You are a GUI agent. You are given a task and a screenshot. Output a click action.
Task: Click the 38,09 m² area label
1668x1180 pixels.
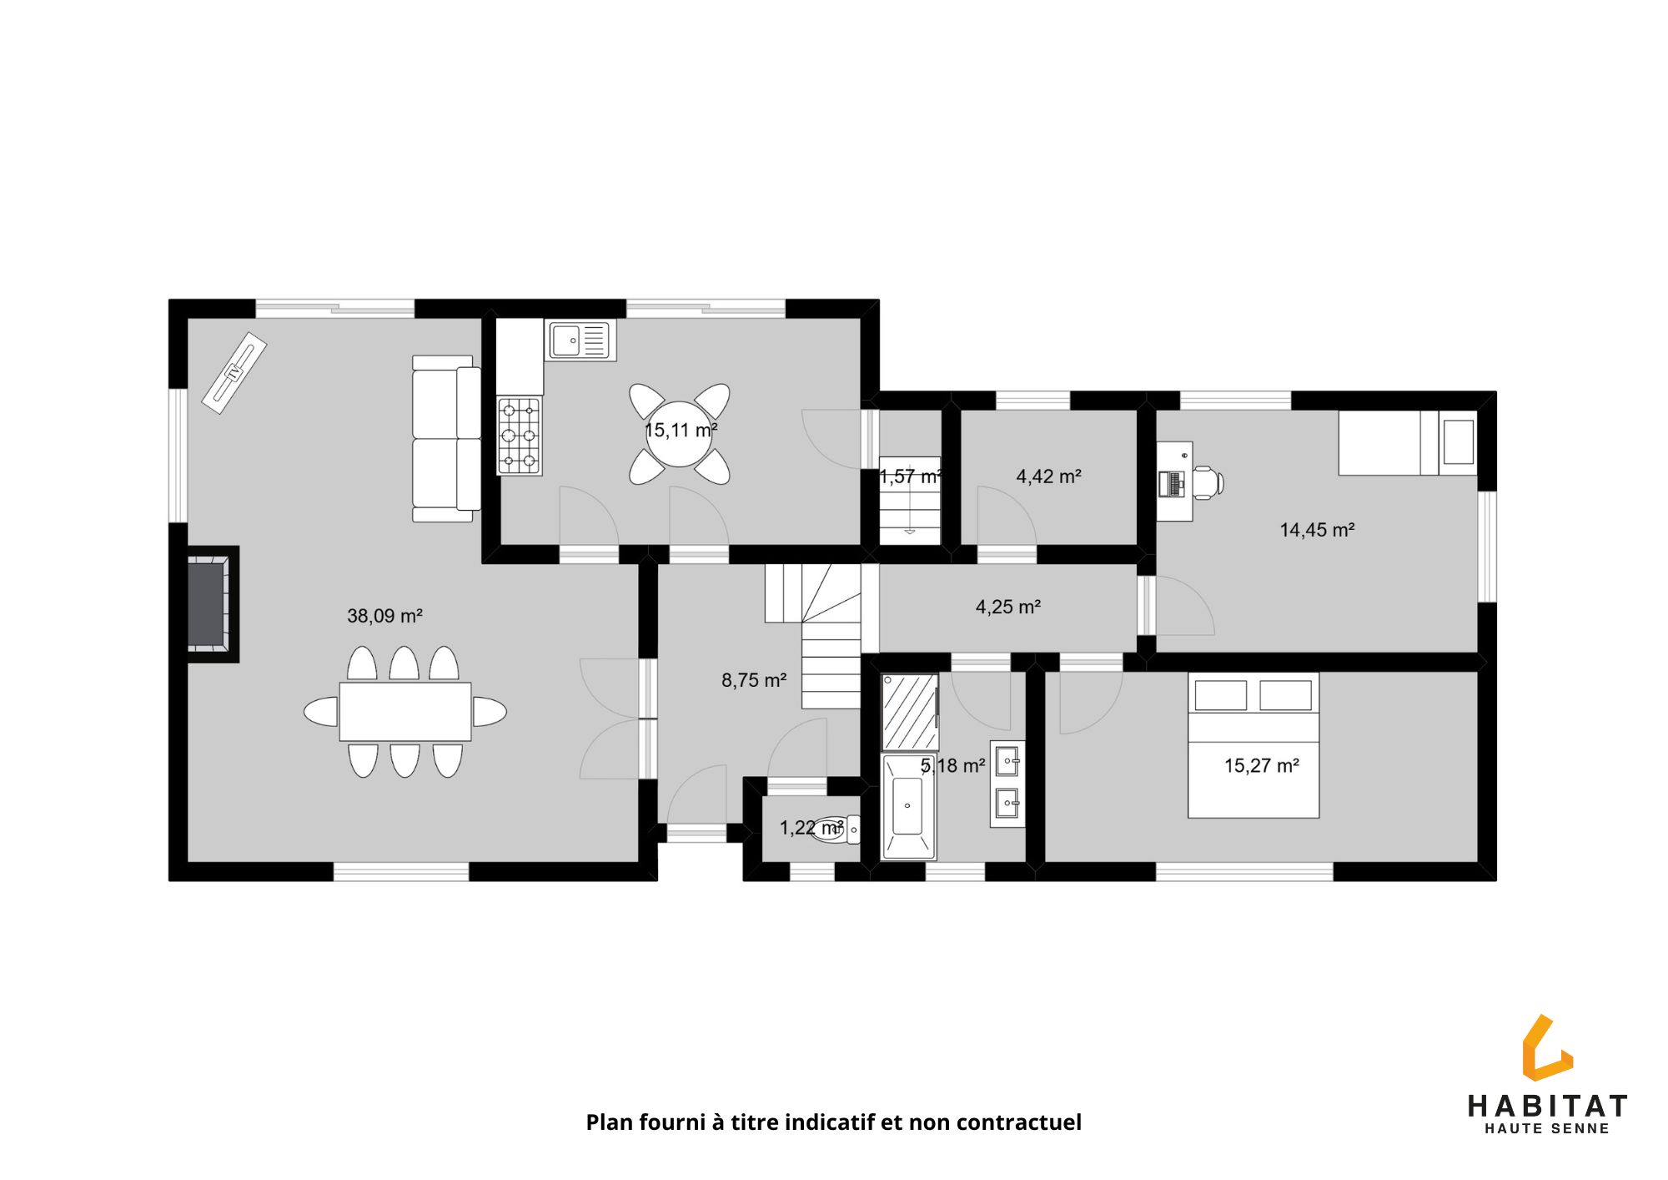[x=384, y=616]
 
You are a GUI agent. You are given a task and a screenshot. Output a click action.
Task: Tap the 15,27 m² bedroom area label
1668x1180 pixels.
[x=1261, y=765]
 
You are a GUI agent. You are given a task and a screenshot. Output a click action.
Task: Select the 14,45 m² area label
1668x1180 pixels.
[x=1317, y=529]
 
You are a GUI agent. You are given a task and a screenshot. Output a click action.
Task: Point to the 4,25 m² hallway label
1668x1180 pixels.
[x=1007, y=607]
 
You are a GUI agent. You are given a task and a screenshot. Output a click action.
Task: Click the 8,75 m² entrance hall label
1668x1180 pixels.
[x=754, y=680]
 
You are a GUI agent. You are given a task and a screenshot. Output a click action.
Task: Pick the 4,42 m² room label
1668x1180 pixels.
[x=1048, y=477]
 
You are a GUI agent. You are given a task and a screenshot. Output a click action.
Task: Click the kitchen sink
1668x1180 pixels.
[x=580, y=340]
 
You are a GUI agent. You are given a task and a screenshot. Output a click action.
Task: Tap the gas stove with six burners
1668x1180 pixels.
[x=519, y=436]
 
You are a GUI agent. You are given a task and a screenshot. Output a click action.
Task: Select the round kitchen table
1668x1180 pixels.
[x=679, y=434]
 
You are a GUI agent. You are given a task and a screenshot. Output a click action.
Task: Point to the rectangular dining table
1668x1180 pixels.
[x=405, y=712]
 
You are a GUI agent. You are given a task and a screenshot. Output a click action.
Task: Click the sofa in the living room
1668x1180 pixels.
[x=446, y=439]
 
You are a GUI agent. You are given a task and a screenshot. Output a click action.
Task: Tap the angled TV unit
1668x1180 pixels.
[x=234, y=373]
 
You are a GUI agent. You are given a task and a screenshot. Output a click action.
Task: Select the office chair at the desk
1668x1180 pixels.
[x=1208, y=482]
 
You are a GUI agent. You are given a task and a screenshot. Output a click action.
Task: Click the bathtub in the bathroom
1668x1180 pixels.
[x=908, y=806]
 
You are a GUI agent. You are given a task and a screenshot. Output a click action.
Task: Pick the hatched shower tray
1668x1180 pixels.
[x=910, y=712]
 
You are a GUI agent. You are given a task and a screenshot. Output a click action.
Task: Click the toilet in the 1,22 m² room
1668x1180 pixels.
[x=835, y=829]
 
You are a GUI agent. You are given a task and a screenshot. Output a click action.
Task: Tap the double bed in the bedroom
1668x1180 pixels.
[x=1254, y=745]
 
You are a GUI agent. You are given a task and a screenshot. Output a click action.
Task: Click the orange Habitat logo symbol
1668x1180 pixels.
[x=1545, y=1047]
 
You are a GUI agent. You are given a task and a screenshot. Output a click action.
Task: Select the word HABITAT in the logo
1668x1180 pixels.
[x=1547, y=1107]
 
